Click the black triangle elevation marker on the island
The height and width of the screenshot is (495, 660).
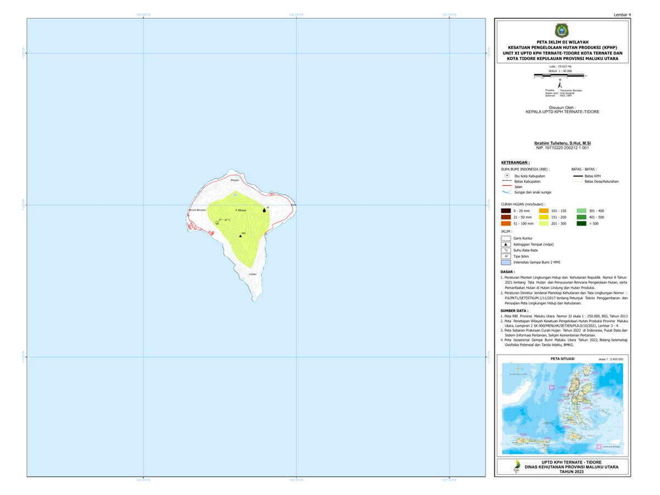240,235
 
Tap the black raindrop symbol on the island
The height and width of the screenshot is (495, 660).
265,210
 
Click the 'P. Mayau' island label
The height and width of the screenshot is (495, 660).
240,210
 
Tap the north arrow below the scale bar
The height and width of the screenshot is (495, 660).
559,84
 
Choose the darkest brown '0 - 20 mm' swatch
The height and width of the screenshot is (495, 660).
506,211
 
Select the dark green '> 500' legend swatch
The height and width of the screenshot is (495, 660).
581,223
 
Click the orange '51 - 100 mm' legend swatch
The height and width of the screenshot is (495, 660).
506,223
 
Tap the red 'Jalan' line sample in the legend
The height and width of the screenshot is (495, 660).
506,187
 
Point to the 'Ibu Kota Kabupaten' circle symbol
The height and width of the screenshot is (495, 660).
506,175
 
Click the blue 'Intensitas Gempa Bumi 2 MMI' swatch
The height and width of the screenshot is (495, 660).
506,262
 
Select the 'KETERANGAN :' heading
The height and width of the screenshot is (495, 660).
515,163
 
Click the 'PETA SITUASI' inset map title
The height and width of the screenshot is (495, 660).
562,359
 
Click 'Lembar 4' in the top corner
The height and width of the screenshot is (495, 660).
621,14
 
